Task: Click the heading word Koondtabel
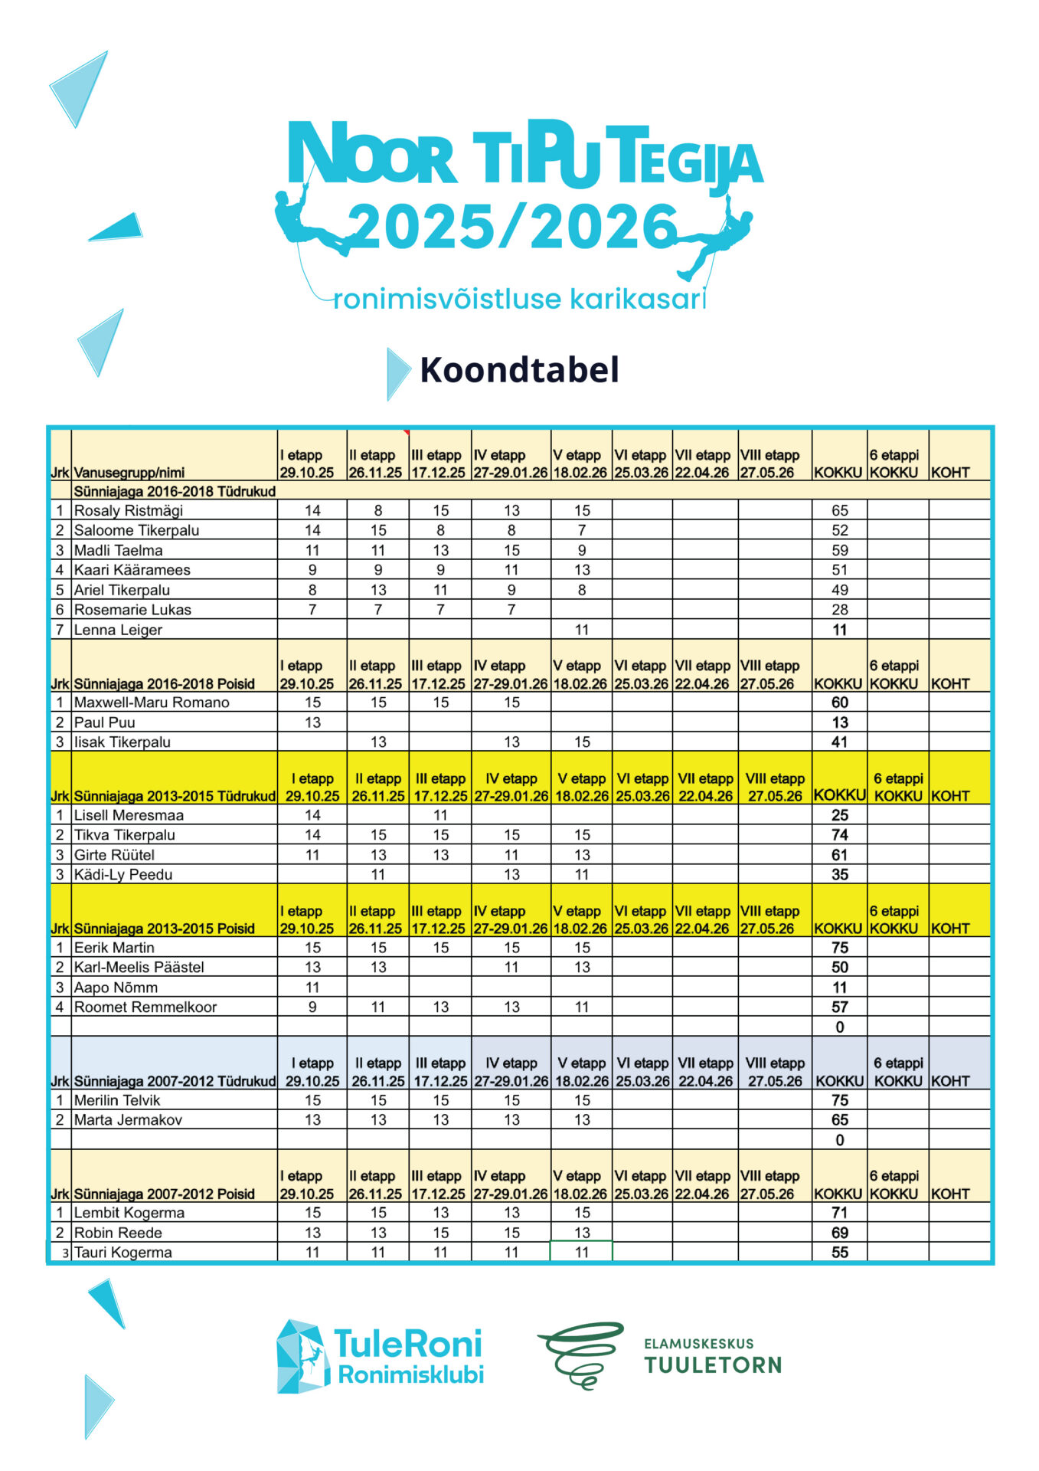click(x=519, y=370)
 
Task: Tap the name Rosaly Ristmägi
click(x=128, y=510)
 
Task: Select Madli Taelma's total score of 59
click(x=839, y=550)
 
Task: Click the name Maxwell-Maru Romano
click(x=152, y=703)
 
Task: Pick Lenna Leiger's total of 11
click(x=839, y=630)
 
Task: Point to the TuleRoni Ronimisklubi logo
click(x=380, y=1357)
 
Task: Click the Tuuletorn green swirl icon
click(x=581, y=1355)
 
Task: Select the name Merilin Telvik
click(x=117, y=1100)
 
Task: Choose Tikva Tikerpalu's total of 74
click(x=839, y=835)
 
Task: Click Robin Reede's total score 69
click(x=839, y=1233)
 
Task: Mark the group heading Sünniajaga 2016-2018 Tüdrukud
click(x=175, y=491)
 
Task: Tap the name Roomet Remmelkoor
click(x=145, y=1007)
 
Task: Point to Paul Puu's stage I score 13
click(x=312, y=722)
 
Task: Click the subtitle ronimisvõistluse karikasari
click(x=518, y=298)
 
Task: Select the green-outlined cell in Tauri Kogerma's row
click(x=581, y=1252)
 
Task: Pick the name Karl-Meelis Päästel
click(x=139, y=967)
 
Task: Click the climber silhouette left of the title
click(x=310, y=222)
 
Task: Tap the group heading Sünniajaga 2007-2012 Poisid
click(x=164, y=1194)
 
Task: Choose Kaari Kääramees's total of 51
click(x=839, y=570)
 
